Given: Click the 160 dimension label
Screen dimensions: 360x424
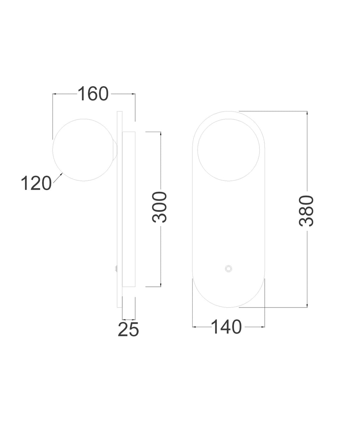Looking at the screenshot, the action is point(93,94).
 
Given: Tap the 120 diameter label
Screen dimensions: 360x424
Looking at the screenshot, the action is point(36,183).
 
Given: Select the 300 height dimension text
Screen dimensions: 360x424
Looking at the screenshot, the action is point(160,207).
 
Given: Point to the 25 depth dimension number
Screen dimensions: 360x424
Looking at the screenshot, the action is point(129,335).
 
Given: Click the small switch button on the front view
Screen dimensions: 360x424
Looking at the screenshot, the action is point(228,268).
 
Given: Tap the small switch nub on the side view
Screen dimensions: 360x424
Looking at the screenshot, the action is point(116,268).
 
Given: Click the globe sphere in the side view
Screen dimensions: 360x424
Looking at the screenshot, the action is point(84,150).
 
